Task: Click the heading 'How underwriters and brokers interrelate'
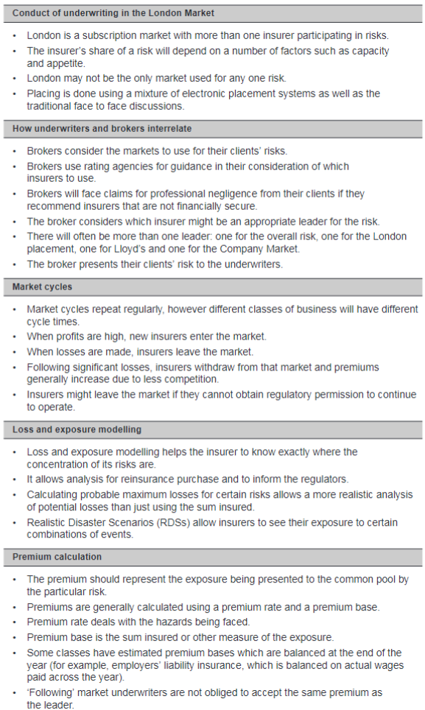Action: click(x=102, y=129)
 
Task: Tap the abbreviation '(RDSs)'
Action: click(x=177, y=522)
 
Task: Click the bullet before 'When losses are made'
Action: click(x=15, y=352)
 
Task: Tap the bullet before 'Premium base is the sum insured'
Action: click(x=15, y=637)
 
